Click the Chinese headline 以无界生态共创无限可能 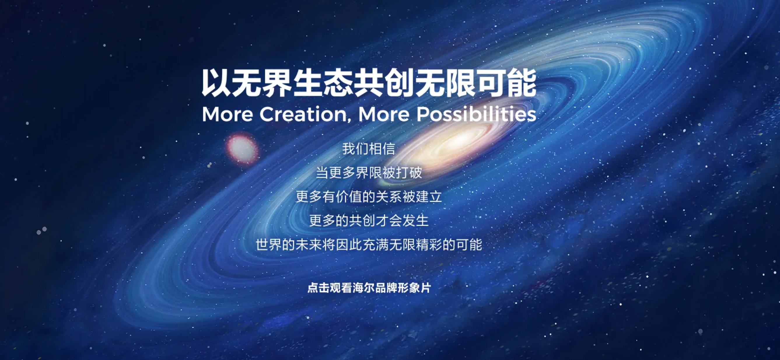click(369, 83)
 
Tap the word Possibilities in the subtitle click(476, 114)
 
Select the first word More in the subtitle click(228, 114)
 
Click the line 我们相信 click(369, 149)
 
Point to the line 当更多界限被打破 click(369, 173)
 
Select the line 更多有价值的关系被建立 click(369, 197)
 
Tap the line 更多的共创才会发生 click(369, 221)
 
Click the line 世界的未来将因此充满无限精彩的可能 click(369, 245)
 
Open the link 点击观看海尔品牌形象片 click(369, 288)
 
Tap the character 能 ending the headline click(522, 83)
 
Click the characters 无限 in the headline click(445, 83)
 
